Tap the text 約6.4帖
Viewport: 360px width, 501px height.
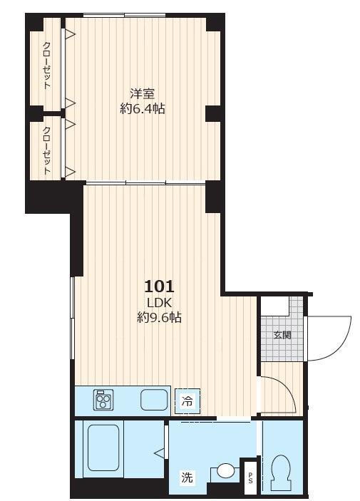(143, 109)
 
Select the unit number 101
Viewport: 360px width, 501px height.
(159, 286)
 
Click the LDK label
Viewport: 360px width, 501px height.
(159, 303)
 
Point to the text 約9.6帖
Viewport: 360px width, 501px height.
(159, 318)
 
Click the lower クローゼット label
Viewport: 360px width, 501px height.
(47, 150)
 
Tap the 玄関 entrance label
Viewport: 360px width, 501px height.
(282, 335)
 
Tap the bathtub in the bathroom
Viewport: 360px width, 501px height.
(102, 450)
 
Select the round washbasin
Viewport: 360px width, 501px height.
(225, 471)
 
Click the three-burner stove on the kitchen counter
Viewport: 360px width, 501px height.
(104, 401)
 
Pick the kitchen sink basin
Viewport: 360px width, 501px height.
(153, 400)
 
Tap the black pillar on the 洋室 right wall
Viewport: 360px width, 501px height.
(214, 113)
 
